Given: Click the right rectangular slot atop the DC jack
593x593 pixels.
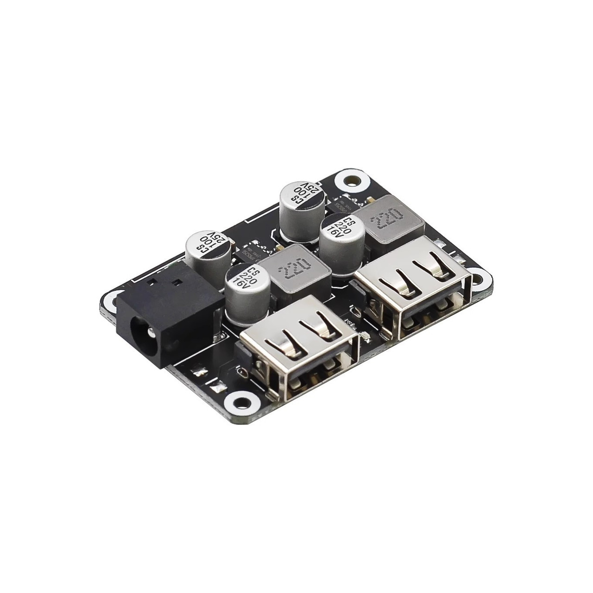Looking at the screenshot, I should coord(177,282).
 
